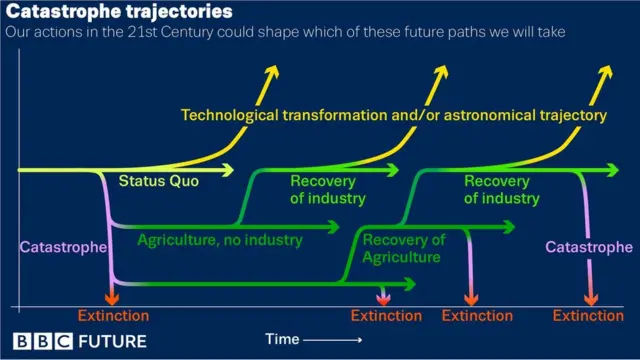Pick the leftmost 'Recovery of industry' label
pyautogui.click(x=327, y=189)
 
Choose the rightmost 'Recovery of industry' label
pyautogui.click(x=501, y=189)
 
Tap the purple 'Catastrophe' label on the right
pyautogui.click(x=588, y=247)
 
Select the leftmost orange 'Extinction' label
pyautogui.click(x=112, y=316)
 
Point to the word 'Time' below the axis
pyautogui.click(x=283, y=340)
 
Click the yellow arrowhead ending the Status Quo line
pyautogui.click(x=229, y=170)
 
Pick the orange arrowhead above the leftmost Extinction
pyautogui.click(x=112, y=296)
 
